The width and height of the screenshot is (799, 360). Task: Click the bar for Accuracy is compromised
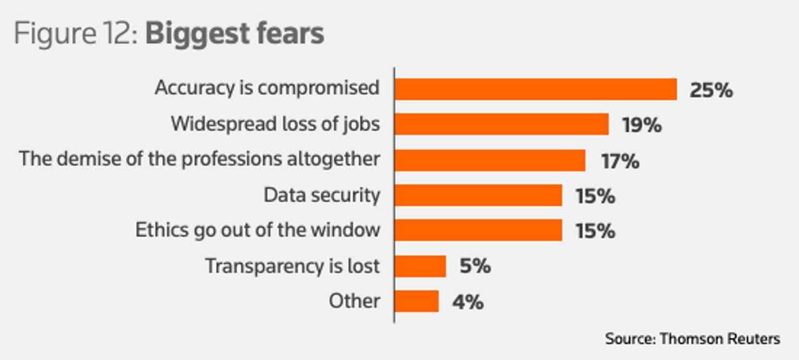click(536, 89)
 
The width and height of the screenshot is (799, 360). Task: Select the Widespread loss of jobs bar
click(501, 124)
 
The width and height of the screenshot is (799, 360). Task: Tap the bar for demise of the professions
click(490, 160)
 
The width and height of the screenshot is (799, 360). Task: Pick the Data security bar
click(478, 195)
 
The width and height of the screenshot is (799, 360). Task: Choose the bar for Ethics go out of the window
click(478, 230)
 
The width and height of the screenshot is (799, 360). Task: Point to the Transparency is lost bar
click(420, 266)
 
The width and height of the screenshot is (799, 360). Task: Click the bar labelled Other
click(416, 301)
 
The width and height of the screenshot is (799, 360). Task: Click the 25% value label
click(711, 90)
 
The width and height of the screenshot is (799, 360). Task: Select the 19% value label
click(642, 125)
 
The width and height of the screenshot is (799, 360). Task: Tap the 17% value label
click(620, 161)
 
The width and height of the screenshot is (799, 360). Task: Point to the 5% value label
click(475, 266)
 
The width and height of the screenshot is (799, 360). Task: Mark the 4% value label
click(468, 302)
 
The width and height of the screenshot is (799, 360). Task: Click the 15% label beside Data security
click(595, 196)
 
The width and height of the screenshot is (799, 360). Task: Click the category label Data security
click(321, 195)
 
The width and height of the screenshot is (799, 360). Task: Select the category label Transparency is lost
click(292, 266)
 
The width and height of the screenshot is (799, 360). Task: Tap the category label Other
click(354, 301)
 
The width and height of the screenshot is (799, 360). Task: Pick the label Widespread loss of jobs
click(275, 124)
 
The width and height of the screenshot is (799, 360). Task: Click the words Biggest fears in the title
click(235, 34)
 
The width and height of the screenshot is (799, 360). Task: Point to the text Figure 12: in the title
click(77, 34)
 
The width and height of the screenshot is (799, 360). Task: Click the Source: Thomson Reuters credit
click(692, 339)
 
